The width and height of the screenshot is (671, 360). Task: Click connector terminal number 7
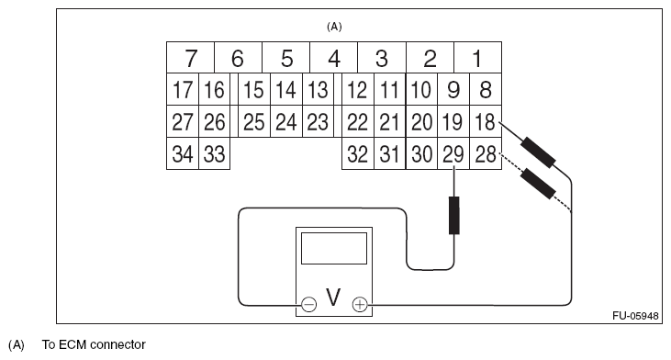tap(190, 60)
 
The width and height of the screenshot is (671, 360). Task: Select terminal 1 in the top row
tap(476, 60)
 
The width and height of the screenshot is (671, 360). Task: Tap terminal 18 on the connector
tap(484, 121)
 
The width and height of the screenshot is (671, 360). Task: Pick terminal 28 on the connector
tap(484, 154)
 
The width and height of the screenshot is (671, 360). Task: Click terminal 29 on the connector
tap(453, 154)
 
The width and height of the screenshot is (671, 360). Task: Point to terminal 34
tap(183, 154)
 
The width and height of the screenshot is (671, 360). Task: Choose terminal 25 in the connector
tap(254, 121)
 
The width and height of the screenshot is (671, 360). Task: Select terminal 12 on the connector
tap(358, 90)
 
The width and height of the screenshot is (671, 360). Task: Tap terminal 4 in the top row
tap(334, 60)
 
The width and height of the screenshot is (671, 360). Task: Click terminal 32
tap(358, 154)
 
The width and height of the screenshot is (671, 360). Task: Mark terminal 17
tap(183, 90)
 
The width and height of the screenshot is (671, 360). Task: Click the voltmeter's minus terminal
tap(308, 303)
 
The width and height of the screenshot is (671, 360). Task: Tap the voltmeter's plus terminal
tap(360, 303)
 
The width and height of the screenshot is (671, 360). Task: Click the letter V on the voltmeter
tap(333, 299)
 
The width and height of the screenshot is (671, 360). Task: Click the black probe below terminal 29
tap(453, 215)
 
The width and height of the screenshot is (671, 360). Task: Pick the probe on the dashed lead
tap(536, 184)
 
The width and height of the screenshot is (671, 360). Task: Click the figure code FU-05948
tap(635, 315)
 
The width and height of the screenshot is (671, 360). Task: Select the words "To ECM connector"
tap(94, 345)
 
